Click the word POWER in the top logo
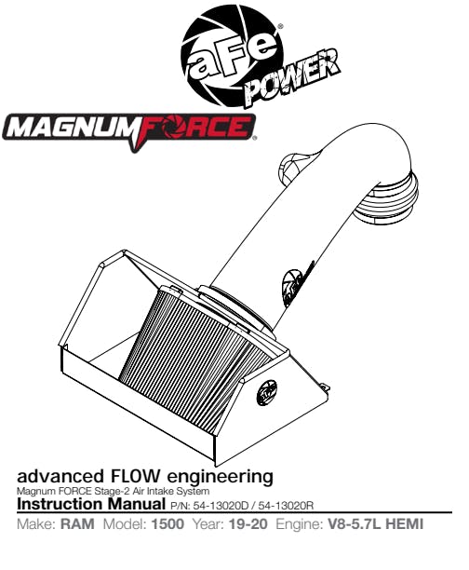pos(292,79)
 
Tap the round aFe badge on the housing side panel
pos(267,392)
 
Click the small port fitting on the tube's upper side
pos(294,168)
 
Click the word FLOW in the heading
pos(133,476)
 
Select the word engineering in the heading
pos(220,477)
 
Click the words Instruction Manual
pos(91,504)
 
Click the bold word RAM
pos(77,524)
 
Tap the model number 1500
pos(167,524)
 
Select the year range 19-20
pos(248,524)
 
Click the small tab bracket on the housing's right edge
pos(325,387)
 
